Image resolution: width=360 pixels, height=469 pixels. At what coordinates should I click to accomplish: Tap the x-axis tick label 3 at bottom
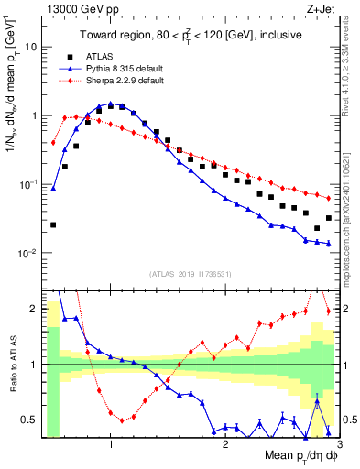pyautogui.click(x=340, y=444)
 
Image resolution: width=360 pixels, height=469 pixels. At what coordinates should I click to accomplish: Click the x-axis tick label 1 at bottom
pyautogui.click(x=111, y=444)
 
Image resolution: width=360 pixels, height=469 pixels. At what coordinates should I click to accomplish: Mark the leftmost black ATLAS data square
pyautogui.click(x=53, y=224)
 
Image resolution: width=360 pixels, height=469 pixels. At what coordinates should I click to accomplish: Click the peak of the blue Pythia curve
pyautogui.click(x=110, y=104)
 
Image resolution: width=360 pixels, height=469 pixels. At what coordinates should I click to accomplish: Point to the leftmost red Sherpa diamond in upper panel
pyautogui.click(x=53, y=142)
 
